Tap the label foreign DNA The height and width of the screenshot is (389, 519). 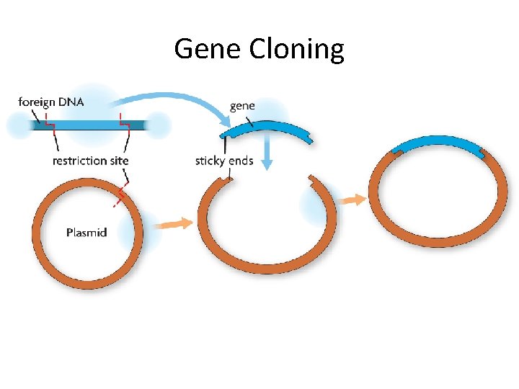pos(50,102)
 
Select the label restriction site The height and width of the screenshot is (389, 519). pos(90,160)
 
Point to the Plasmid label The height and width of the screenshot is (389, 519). pos(86,232)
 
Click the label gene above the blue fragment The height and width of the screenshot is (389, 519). pos(242,106)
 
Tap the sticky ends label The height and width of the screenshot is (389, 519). pos(224,160)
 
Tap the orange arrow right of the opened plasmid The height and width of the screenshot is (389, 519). pos(353,200)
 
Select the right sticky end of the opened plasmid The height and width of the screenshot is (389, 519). pos(312,178)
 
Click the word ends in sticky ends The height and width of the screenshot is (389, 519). pos(241,160)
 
